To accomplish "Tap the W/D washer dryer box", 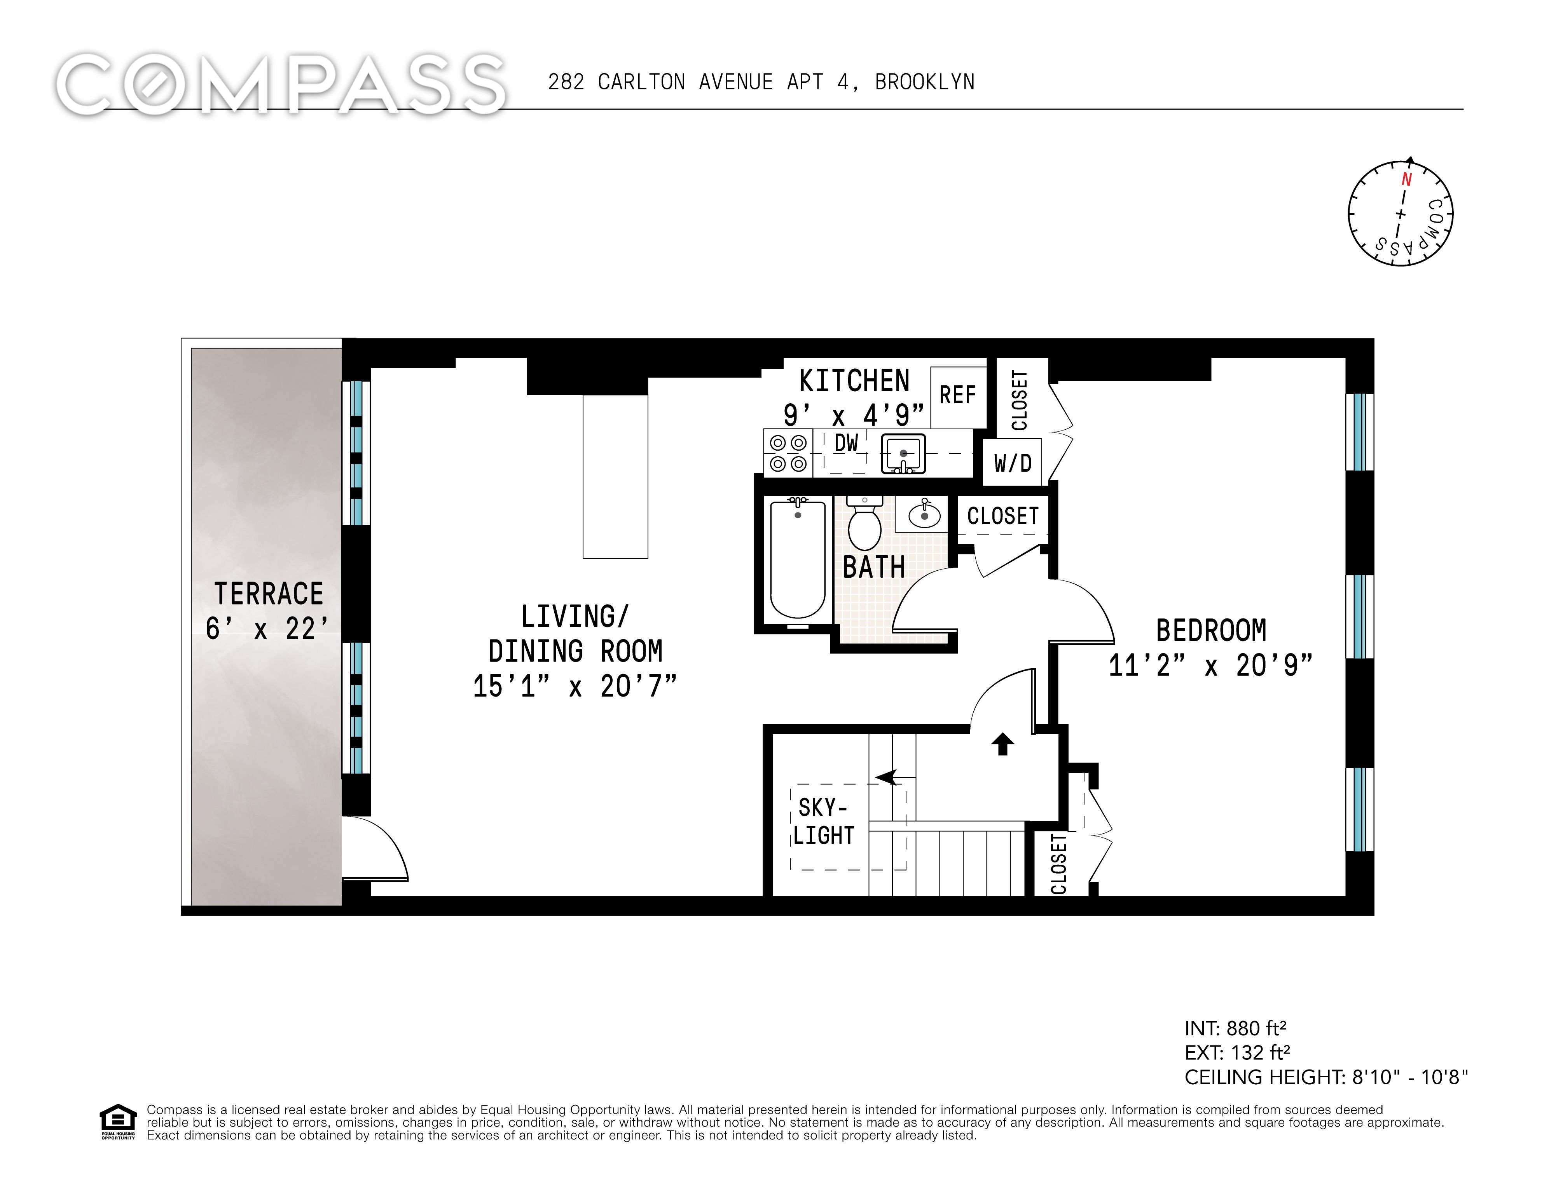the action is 1013,463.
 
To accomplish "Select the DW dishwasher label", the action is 846,443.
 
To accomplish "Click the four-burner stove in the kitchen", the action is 788,453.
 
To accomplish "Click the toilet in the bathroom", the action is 865,522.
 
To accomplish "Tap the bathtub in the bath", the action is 798,559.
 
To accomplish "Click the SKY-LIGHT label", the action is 824,821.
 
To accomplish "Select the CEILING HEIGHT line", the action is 1327,1077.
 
